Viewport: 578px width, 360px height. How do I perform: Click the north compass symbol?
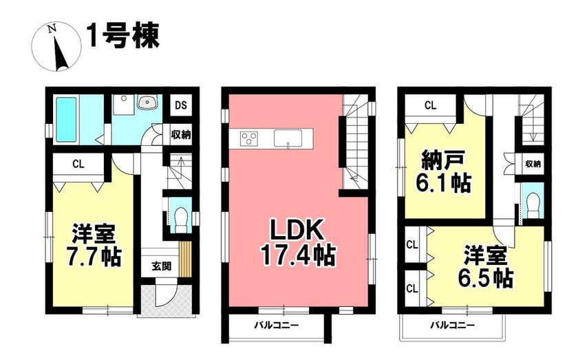point(56,47)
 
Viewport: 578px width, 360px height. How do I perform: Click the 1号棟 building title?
point(123,36)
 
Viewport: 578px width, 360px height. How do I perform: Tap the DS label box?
point(181,105)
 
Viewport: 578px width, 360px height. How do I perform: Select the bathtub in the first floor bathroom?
point(66,119)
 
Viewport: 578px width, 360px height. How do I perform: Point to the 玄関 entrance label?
point(162,266)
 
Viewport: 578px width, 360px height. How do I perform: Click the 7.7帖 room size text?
point(94,256)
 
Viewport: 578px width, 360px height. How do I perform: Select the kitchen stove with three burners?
point(248,138)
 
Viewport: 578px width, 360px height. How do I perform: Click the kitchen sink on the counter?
point(288,138)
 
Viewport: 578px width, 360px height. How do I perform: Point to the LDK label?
point(297,231)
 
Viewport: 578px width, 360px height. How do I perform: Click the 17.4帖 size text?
point(298,255)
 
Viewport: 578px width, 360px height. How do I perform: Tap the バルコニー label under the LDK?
point(276,325)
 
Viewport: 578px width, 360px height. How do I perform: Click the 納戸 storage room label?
point(442,162)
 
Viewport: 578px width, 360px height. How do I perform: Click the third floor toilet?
point(533,207)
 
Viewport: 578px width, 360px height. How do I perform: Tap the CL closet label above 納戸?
point(430,105)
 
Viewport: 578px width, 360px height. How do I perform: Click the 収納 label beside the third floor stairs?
point(533,164)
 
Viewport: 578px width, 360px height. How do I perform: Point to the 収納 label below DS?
point(181,135)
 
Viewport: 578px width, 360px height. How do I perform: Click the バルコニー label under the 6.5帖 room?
point(453,325)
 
